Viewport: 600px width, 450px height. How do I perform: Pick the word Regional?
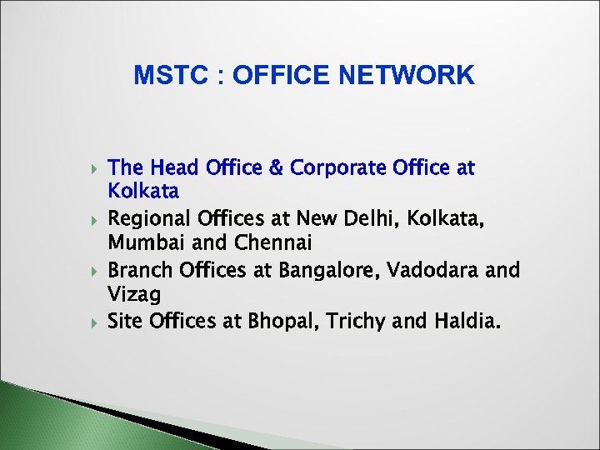coord(150,219)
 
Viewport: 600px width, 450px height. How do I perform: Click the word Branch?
coord(138,270)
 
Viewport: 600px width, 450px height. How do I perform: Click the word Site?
coord(126,321)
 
